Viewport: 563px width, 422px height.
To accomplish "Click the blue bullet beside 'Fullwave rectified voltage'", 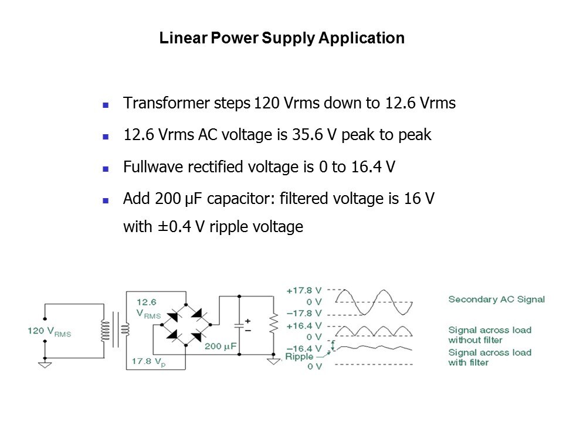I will pos(106,168).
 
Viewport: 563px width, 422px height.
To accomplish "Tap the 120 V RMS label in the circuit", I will pos(53,331).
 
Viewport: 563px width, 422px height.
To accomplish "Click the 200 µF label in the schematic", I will pos(220,346).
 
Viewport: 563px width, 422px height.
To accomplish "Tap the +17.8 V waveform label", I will pos(304,290).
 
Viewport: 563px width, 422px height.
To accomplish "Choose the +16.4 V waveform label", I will pos(304,325).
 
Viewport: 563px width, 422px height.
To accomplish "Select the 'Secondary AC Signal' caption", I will pos(496,300).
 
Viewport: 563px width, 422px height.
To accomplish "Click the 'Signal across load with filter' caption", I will pos(489,358).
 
